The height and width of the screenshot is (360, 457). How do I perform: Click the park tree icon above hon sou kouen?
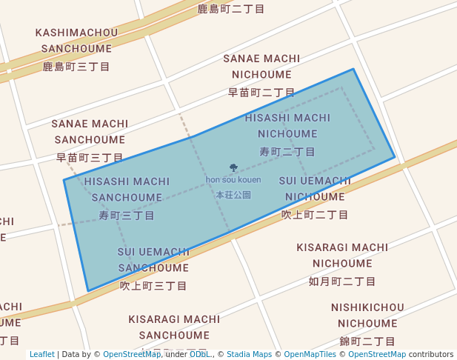point(234,168)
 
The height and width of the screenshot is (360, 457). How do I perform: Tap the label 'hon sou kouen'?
point(233,180)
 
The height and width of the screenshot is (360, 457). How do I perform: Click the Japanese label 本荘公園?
point(233,195)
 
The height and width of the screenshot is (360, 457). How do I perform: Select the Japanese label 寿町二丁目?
point(287,151)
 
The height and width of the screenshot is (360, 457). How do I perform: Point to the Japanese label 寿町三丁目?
point(127,215)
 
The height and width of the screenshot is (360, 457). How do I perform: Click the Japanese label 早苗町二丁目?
point(261,92)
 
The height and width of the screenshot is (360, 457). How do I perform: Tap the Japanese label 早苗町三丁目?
point(90,157)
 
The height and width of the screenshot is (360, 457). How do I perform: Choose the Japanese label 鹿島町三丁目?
point(76,66)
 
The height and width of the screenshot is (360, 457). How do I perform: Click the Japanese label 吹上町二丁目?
point(315,214)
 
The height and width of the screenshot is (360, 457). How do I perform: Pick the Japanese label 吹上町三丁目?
point(153,284)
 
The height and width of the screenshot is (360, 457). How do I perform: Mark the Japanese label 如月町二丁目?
point(342,281)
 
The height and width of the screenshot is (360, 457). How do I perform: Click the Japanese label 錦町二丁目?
point(367,341)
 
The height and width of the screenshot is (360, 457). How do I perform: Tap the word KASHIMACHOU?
point(76,33)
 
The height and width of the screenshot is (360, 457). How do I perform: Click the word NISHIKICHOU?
point(367,307)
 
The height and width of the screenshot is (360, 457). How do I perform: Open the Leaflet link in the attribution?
point(42,355)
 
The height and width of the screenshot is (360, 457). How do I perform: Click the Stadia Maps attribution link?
point(249,355)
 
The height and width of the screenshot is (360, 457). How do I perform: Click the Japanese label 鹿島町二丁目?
point(231,9)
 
